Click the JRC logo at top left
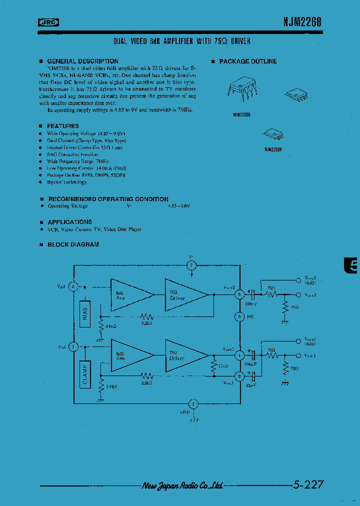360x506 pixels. (48, 21)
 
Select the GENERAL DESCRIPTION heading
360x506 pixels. (82, 61)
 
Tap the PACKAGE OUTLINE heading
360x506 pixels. (247, 61)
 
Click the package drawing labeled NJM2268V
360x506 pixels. (273, 133)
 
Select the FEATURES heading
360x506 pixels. (63, 126)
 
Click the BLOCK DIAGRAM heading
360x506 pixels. (73, 244)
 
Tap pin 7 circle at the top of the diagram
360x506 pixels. (191, 265)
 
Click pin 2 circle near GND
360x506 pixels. (193, 404)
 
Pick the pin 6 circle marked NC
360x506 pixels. (239, 316)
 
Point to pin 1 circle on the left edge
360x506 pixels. (73, 345)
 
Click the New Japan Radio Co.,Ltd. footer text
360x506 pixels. (182, 485)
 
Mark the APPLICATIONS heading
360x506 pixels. (69, 222)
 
